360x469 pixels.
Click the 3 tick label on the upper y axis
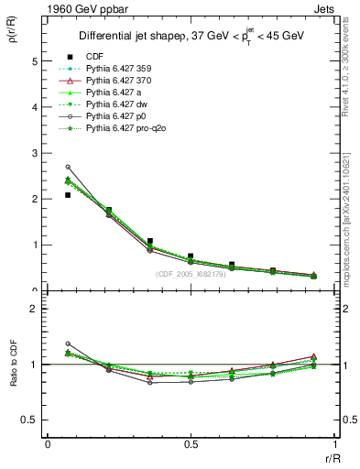point(36,153)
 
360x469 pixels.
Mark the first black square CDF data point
point(68,195)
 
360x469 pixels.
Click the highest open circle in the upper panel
point(68,167)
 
